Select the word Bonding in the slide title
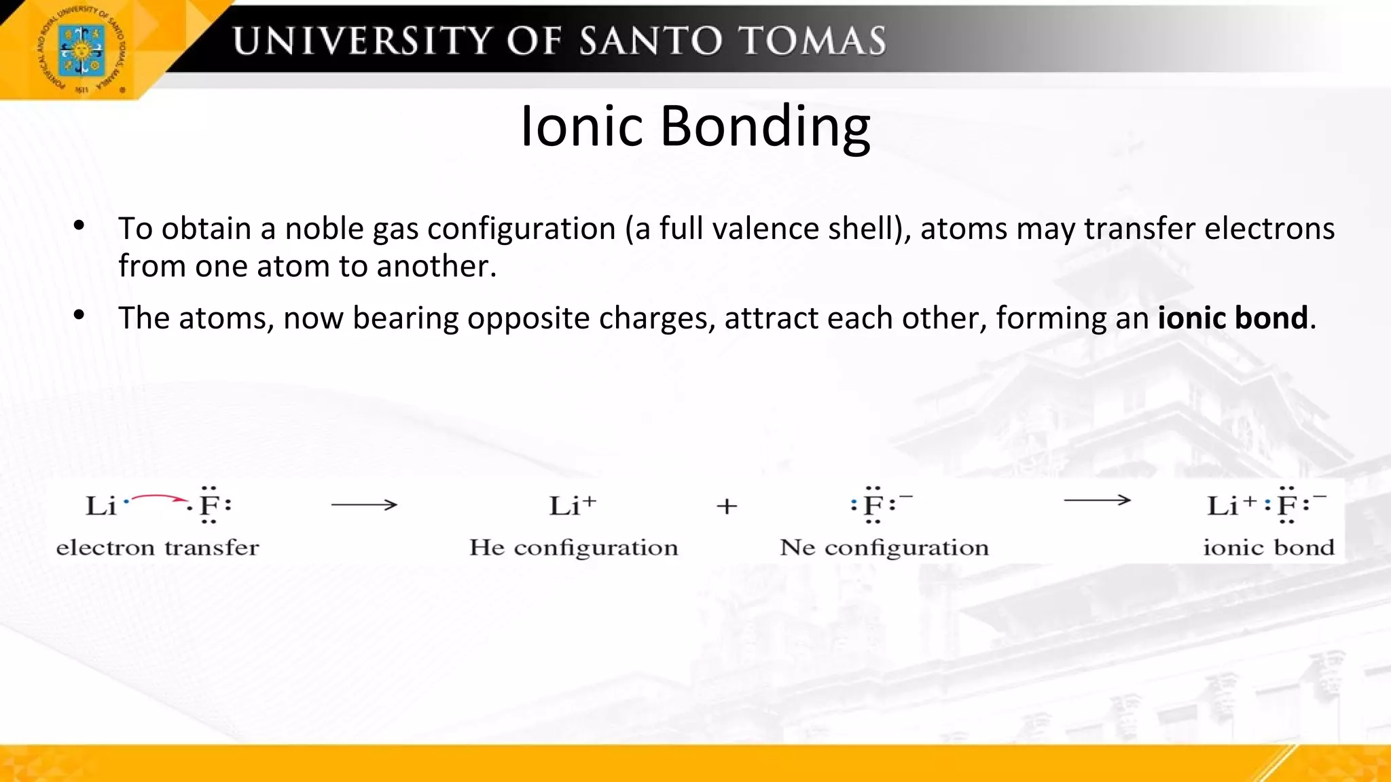pyautogui.click(x=765, y=126)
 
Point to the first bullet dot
pyautogui.click(x=79, y=225)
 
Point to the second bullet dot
pyautogui.click(x=79, y=315)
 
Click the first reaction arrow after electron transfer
pyautogui.click(x=364, y=505)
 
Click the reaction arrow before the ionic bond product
pyautogui.click(x=1097, y=501)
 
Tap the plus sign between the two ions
pyautogui.click(x=727, y=506)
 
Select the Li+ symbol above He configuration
pyautogui.click(x=573, y=506)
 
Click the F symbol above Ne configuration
pyautogui.click(x=873, y=506)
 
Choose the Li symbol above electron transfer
pyautogui.click(x=101, y=506)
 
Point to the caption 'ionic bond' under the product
pyautogui.click(x=1269, y=547)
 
